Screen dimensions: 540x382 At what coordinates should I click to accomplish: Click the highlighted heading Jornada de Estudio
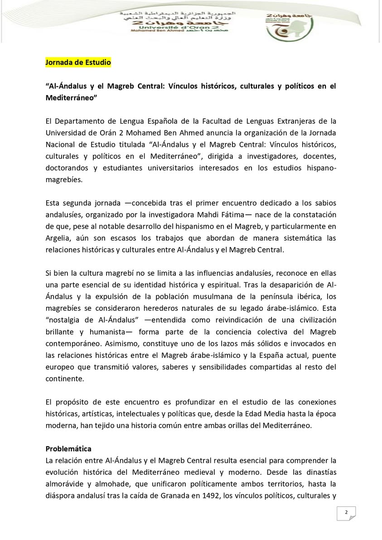(x=78, y=63)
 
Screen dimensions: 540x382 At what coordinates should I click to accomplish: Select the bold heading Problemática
(x=68, y=448)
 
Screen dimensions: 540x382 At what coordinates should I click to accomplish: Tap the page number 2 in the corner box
(x=346, y=512)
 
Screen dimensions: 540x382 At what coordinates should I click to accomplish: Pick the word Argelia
(x=59, y=237)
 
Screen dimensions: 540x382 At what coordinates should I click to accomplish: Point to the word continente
(x=65, y=378)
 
